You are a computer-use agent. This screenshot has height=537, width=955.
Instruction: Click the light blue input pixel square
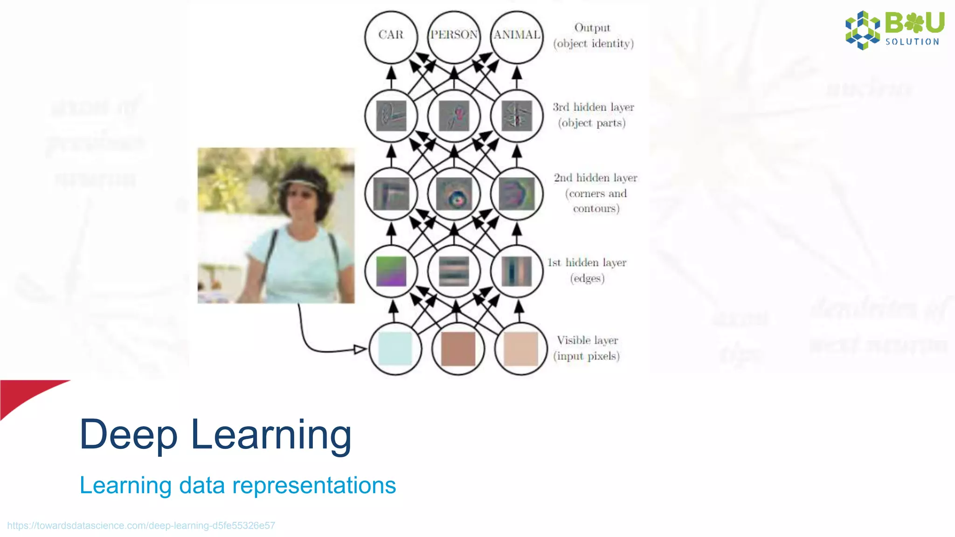(x=395, y=349)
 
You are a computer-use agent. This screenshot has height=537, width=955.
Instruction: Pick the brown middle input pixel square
(x=458, y=349)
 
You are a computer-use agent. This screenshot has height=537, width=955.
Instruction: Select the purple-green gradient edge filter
(x=391, y=271)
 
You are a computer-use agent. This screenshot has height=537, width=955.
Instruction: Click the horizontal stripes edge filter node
(x=454, y=271)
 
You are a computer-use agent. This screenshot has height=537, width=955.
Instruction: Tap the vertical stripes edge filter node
(x=517, y=271)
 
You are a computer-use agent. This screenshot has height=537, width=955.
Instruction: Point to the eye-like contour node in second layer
(x=454, y=194)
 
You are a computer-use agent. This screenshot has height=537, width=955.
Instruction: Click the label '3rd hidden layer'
(x=593, y=107)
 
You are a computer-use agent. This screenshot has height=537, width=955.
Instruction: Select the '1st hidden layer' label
(x=587, y=263)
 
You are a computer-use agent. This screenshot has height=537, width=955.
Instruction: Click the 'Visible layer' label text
(x=587, y=340)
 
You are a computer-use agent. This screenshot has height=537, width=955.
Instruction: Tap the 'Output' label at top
(x=592, y=28)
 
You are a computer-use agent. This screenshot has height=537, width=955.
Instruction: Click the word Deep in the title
(x=128, y=434)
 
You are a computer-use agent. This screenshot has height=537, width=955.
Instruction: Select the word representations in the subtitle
(x=314, y=485)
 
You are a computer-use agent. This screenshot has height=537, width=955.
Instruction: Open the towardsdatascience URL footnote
(x=141, y=525)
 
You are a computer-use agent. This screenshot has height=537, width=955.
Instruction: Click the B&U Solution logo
(x=894, y=29)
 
